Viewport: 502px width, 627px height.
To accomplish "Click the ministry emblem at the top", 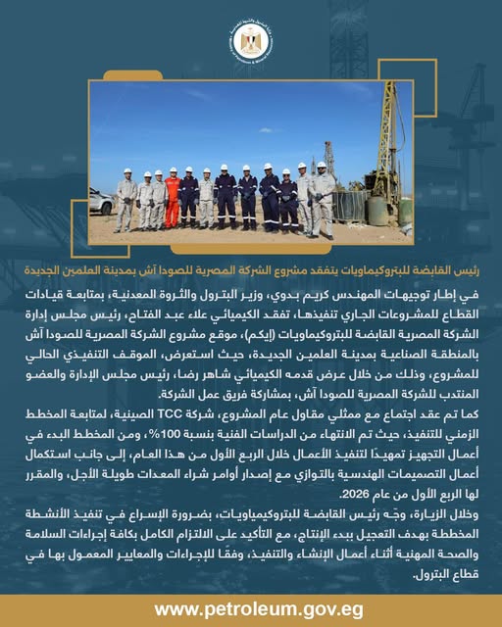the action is pos(252,42).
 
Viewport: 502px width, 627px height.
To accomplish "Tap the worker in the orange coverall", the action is pos(173,200).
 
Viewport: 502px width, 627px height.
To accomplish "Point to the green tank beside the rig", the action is pos(376,209).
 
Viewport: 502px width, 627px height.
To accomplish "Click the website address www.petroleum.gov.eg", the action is pos(251,609).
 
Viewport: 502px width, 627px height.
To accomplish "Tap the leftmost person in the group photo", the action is pos(125,204).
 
